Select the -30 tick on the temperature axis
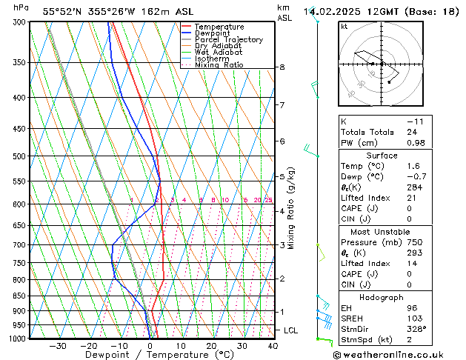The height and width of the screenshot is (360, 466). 58,346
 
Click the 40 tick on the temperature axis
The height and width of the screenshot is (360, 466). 273,346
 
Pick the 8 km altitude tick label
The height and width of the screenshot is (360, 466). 282,67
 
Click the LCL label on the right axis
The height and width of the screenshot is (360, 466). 292,330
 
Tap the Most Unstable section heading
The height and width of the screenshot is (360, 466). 381,232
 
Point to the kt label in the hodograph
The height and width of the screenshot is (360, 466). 344,26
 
